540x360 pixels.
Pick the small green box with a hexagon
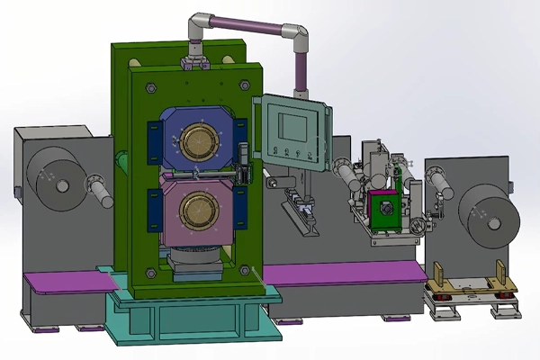[x=383, y=207]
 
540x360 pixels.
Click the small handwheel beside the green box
[x=418, y=225]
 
